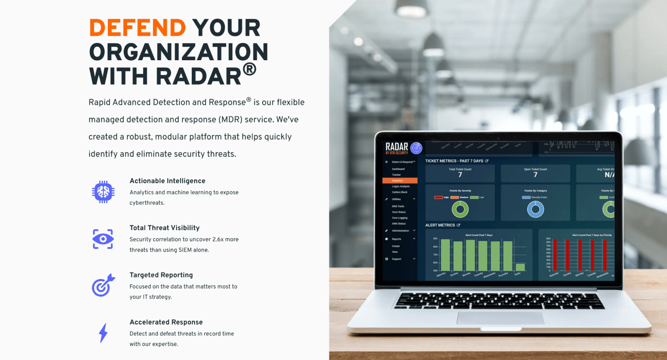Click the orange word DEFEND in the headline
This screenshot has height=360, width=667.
tap(137, 28)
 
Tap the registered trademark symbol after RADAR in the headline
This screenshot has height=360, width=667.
tap(249, 69)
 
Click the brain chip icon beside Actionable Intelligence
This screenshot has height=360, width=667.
tap(103, 191)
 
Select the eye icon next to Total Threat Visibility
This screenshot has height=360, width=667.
tap(103, 239)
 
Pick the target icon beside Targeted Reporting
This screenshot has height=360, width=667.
tap(103, 285)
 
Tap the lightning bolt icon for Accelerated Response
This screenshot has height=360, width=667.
tap(103, 333)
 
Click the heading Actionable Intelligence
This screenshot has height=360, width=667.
tap(167, 181)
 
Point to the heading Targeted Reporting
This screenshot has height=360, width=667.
tap(161, 275)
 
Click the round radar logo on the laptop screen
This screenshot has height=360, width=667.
tap(416, 148)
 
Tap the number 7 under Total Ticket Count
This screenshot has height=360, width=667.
tap(460, 175)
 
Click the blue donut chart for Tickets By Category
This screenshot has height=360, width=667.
tap(535, 209)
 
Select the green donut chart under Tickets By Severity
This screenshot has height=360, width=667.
tap(460, 209)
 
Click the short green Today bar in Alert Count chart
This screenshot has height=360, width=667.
tap(520, 267)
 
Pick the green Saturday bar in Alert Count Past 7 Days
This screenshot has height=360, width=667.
tap(445, 255)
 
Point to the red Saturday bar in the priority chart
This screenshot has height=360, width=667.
tap(554, 255)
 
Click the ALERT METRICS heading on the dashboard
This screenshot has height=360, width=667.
tap(440, 225)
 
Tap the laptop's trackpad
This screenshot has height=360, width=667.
tap(500, 318)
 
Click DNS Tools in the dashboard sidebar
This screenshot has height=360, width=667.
tap(398, 206)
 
